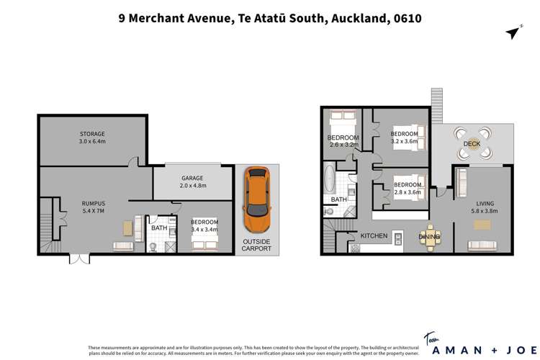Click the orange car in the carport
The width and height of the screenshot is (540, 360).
click(x=256, y=196)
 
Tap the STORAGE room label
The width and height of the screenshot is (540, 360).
click(x=92, y=134)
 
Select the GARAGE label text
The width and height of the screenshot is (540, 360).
click(x=192, y=178)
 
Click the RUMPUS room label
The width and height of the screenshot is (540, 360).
click(x=93, y=204)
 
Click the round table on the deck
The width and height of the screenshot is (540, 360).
click(x=472, y=143)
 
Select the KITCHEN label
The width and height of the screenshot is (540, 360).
click(x=374, y=235)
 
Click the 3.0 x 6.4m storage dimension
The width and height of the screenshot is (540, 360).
click(x=92, y=142)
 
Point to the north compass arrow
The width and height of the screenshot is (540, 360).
click(x=513, y=32)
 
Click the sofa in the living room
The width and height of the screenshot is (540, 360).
click(x=484, y=246)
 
